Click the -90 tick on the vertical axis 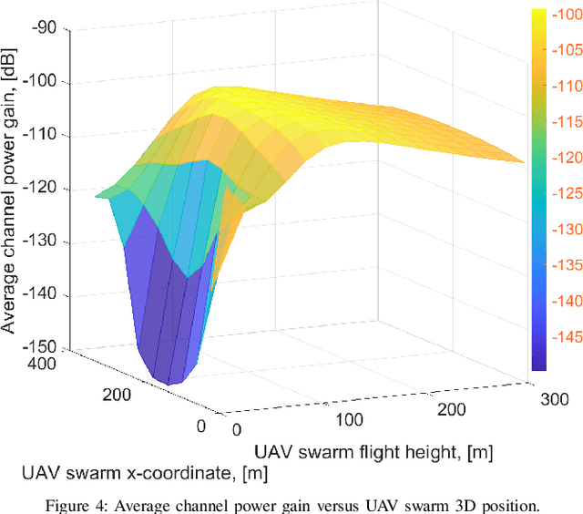(45, 28)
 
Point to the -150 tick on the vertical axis (41, 348)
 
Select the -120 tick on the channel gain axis (41, 189)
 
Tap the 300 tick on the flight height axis (554, 399)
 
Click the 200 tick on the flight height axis (454, 410)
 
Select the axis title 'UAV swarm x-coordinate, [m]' (145, 473)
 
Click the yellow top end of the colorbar (538, 13)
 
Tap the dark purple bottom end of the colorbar (538, 365)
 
